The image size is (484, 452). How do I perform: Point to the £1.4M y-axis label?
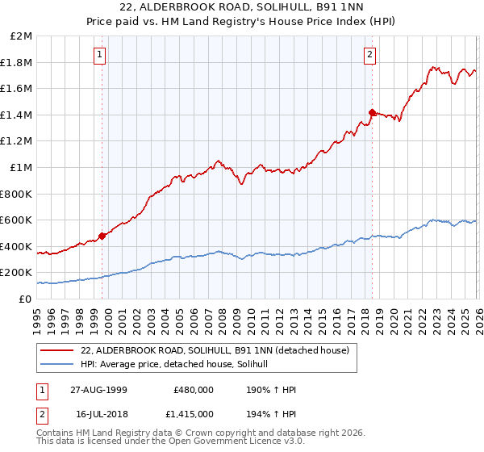pyautogui.click(x=18, y=115)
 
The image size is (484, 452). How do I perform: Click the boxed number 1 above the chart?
pyautogui.click(x=99, y=55)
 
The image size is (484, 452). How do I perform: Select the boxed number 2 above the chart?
pyautogui.click(x=369, y=55)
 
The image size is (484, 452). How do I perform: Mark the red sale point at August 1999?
pyautogui.click(x=102, y=236)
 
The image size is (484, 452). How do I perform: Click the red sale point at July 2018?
pyautogui.click(x=372, y=113)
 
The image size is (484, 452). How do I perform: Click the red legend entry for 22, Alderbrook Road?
pyautogui.click(x=215, y=351)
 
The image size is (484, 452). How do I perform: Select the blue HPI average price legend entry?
pyautogui.click(x=179, y=365)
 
